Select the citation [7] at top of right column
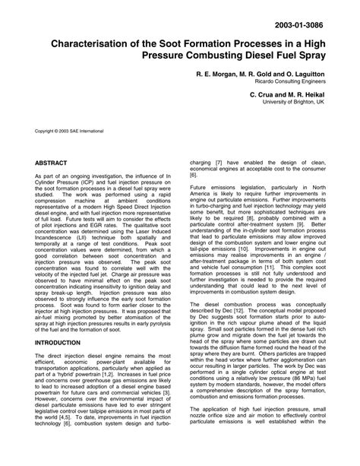(217, 163)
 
